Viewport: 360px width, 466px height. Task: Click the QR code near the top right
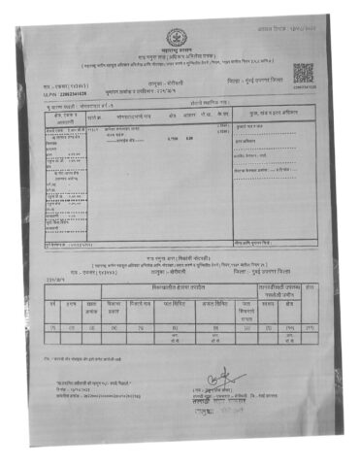coord(303,74)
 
